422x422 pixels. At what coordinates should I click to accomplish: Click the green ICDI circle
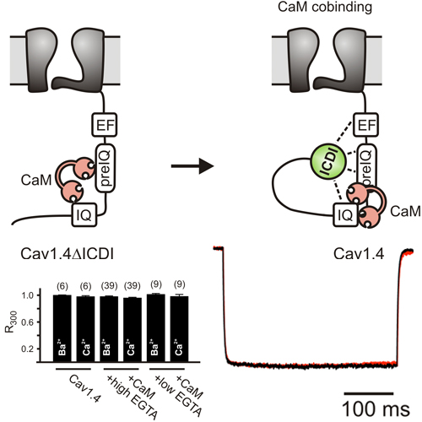[x=328, y=161]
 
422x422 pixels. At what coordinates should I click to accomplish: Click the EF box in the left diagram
[x=104, y=125]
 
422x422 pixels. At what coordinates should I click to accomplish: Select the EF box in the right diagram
[x=365, y=125]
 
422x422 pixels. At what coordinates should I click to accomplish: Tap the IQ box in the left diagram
[x=84, y=215]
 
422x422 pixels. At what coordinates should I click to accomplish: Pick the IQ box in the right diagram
[x=345, y=215]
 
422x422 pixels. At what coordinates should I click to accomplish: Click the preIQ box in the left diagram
[x=105, y=168]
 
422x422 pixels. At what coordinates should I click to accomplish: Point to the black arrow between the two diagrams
[x=192, y=166]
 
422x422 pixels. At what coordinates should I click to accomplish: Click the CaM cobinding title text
[x=325, y=7]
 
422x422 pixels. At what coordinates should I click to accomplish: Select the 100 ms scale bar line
[x=369, y=393]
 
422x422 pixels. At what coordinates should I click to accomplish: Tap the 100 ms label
[x=376, y=408]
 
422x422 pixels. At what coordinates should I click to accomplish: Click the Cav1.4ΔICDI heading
[x=68, y=254]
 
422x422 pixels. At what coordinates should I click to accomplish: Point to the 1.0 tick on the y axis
[x=39, y=295]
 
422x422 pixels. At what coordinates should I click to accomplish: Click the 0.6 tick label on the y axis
[x=27, y=322]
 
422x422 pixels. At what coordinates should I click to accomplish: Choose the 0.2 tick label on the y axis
[x=27, y=349]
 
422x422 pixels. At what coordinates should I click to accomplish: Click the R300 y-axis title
[x=11, y=322]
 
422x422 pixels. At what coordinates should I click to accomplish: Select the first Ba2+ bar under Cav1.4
[x=62, y=328]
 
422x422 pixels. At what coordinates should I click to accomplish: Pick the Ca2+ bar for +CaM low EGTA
[x=179, y=329]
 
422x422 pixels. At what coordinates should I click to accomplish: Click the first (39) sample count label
[x=109, y=286]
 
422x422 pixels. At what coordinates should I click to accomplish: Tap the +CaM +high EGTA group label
[x=132, y=396]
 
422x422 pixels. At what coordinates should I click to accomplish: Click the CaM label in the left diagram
[x=36, y=180]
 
